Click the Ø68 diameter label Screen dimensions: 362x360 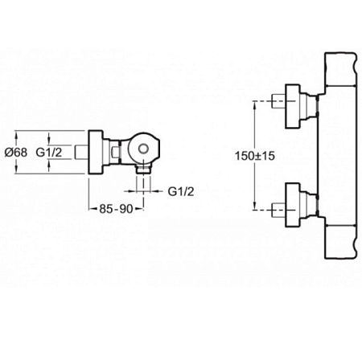pyautogui.click(x=16, y=153)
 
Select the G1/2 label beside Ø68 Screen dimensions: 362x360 pyautogui.click(x=49, y=153)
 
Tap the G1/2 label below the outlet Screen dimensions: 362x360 pyautogui.click(x=181, y=191)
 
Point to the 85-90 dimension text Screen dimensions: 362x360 pyautogui.click(x=116, y=209)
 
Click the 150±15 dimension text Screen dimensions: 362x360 pyautogui.click(x=255, y=156)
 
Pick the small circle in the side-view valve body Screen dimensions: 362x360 pyautogui.click(x=144, y=148)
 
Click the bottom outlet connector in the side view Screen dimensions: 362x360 pyautogui.click(x=143, y=170)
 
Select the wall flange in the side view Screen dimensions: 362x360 pyautogui.click(x=96, y=153)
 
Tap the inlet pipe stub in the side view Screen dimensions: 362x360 pyautogui.click(x=81, y=153)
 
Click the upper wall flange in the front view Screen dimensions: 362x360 pyautogui.click(x=292, y=106)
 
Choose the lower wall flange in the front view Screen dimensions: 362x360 pyautogui.click(x=292, y=205)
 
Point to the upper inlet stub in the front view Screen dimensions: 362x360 pyautogui.click(x=278, y=101)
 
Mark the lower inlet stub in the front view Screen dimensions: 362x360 pyautogui.click(x=278, y=210)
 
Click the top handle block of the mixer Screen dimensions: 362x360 pyautogui.click(x=340, y=69)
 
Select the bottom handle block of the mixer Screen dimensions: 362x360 pyautogui.click(x=340, y=242)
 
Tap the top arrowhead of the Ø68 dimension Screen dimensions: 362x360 pyautogui.click(x=16, y=134)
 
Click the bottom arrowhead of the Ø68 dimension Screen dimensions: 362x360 pyautogui.click(x=16, y=170)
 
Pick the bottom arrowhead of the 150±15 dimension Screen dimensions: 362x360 pyautogui.click(x=254, y=207)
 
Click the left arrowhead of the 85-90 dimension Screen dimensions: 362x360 pyautogui.click(x=92, y=209)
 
